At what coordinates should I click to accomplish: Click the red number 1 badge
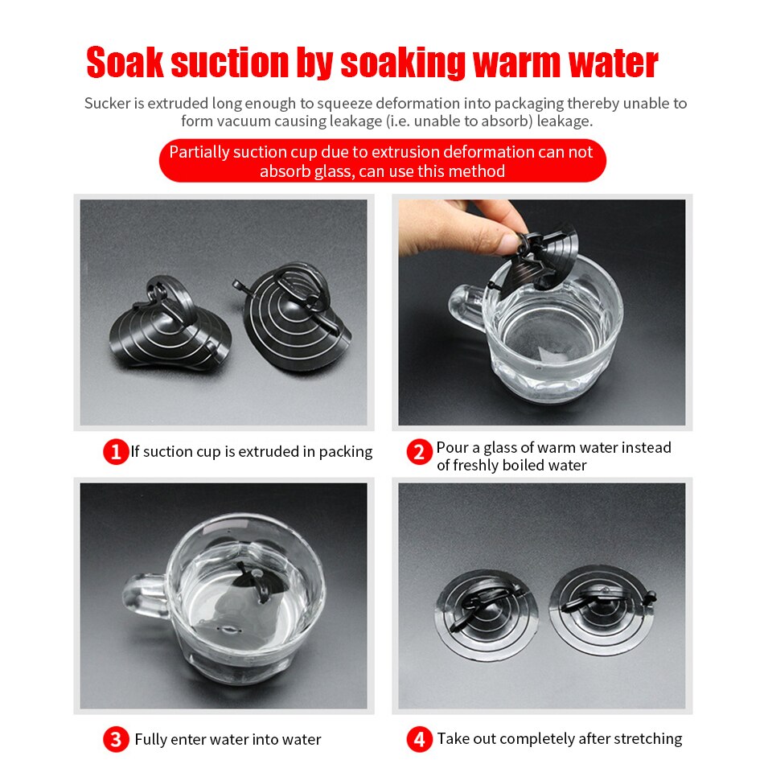[116, 452]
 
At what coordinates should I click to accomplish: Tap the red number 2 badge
[420, 452]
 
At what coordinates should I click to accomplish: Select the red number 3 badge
[116, 739]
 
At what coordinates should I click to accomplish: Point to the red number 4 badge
[420, 739]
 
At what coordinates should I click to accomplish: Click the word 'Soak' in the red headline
[125, 63]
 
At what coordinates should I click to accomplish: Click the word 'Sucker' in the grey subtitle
[107, 103]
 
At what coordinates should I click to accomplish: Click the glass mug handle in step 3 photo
[146, 596]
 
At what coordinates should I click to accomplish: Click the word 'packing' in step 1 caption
[346, 452]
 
